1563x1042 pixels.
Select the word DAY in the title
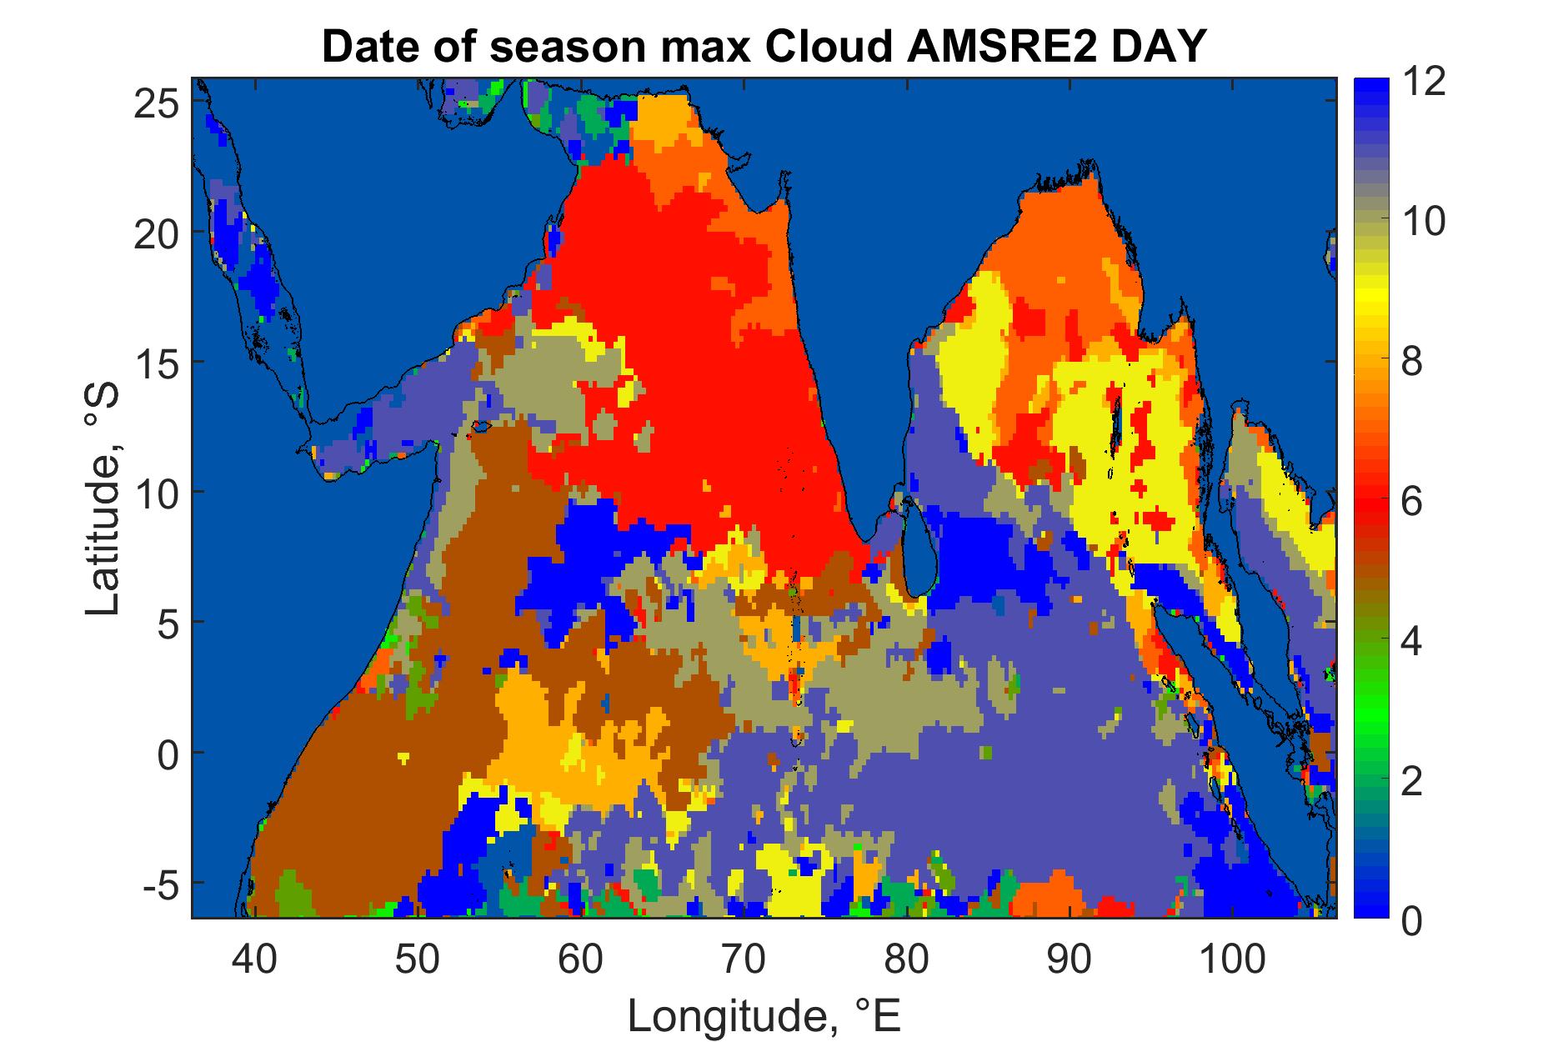[1145, 48]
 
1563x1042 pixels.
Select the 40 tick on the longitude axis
[254, 959]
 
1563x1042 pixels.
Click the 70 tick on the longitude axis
[744, 959]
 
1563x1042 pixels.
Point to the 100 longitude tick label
[1233, 959]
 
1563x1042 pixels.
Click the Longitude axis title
[764, 1015]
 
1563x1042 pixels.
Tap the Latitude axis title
[103, 500]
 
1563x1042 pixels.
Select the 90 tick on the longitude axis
[1070, 959]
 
